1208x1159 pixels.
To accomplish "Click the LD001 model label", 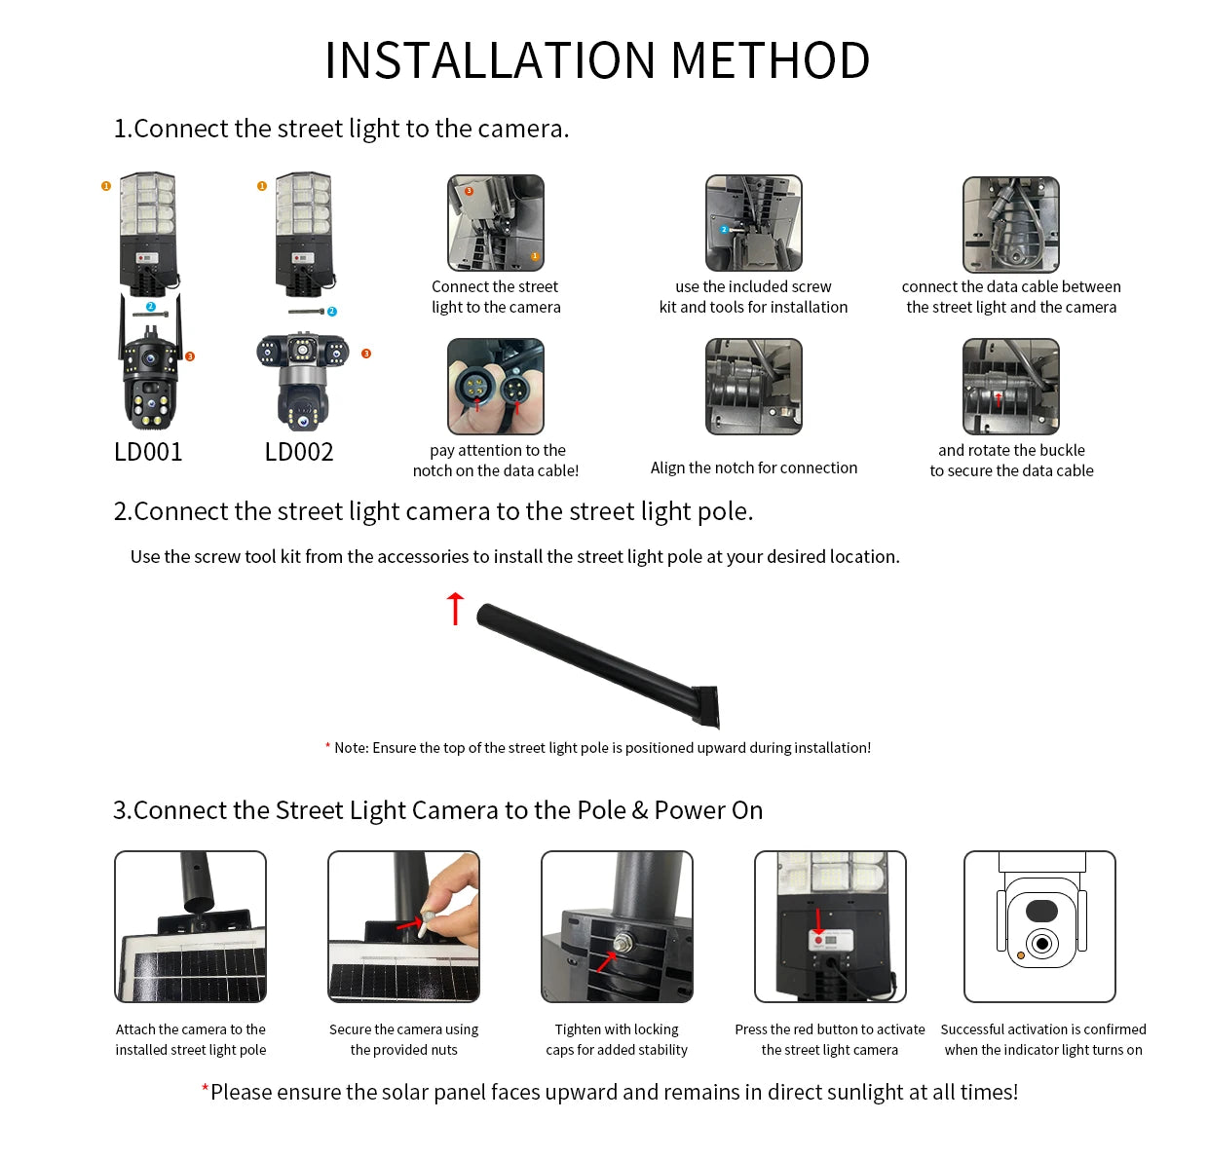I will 148,452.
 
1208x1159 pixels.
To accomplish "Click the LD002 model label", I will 299,452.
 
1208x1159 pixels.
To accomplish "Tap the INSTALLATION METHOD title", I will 597,60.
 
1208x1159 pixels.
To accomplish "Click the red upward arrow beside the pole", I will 455,608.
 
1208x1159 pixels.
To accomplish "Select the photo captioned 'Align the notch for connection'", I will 753,387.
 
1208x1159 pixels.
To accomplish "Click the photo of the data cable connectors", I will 496,387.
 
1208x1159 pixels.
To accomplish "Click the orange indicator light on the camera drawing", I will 1021,955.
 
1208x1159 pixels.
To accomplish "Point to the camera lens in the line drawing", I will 1042,944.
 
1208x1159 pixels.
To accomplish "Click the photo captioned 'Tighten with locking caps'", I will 617,926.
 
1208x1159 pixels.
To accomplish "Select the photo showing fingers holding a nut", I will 403,926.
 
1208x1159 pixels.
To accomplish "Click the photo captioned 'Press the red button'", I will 830,926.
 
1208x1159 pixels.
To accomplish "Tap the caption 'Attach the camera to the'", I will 191,1029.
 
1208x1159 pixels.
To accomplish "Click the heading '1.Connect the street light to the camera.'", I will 341,129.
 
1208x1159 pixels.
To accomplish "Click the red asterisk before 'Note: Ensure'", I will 327,747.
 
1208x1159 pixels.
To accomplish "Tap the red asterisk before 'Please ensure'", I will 205,1088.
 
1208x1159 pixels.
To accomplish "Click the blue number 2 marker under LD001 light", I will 150,307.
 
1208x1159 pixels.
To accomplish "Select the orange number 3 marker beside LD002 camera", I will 366,354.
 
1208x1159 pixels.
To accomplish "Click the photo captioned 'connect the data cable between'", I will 1011,224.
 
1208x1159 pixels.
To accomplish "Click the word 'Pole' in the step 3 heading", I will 601,810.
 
